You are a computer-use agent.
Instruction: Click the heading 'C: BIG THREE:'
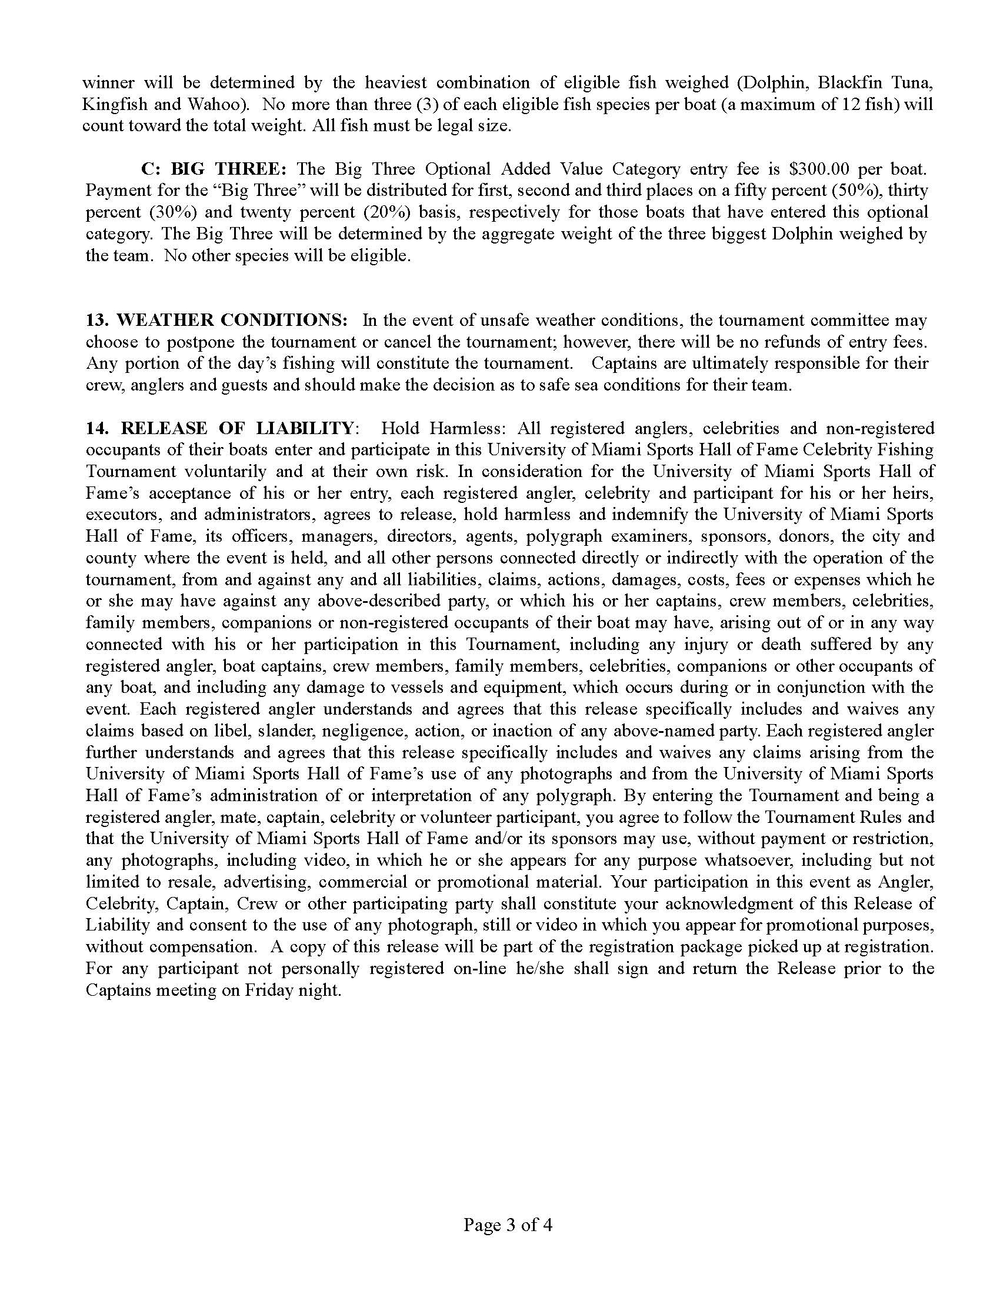[x=214, y=169]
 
